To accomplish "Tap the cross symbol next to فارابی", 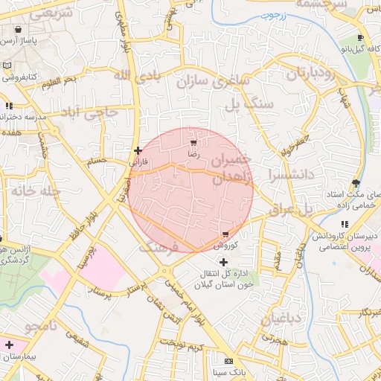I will tap(138, 150).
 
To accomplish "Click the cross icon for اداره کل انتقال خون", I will tap(224, 261).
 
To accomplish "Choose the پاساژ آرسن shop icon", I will tap(16, 31).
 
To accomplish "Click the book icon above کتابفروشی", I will tap(7, 65).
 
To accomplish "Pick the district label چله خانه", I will tap(33, 191).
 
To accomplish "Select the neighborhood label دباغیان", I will tap(281, 319).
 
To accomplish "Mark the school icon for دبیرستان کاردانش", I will tap(344, 224).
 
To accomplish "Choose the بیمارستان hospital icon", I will tap(8, 345).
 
